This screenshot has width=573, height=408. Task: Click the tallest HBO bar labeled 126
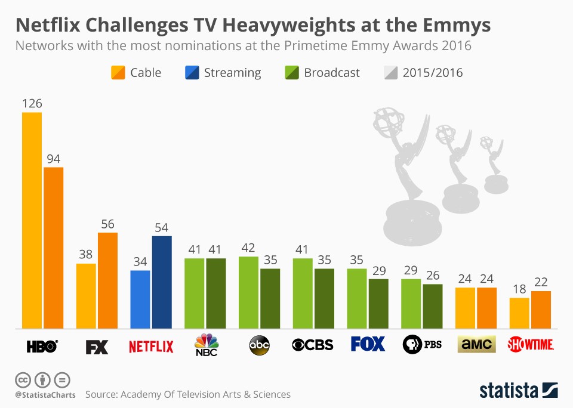[x=32, y=220]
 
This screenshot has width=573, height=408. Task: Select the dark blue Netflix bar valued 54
[x=162, y=282]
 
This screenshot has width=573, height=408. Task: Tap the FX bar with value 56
[x=107, y=280]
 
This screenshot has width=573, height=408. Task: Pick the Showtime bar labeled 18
[x=519, y=313]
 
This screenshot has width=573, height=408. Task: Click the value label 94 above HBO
[x=54, y=159]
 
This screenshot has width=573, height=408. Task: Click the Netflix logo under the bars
[x=151, y=345]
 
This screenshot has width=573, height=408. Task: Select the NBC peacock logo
[x=207, y=345]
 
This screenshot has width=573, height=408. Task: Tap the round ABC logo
[x=259, y=345]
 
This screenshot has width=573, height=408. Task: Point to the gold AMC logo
[x=476, y=345]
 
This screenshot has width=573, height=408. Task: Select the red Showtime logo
[x=530, y=345]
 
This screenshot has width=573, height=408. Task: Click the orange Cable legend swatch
[x=118, y=73]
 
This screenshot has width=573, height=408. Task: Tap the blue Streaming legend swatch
[x=192, y=73]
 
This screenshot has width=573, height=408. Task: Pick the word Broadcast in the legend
[x=331, y=73]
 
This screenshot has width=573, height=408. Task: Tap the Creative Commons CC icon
[x=23, y=380]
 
